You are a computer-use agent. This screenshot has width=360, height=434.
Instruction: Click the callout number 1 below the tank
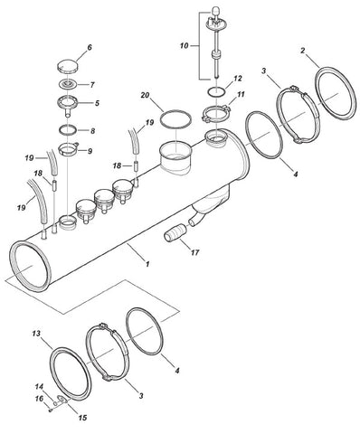pyautogui.click(x=147, y=264)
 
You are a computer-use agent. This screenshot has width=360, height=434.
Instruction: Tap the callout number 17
pyautogui.click(x=195, y=252)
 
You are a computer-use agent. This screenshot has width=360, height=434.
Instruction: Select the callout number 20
pyautogui.click(x=145, y=95)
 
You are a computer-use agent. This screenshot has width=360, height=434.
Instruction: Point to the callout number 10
pyautogui.click(x=184, y=46)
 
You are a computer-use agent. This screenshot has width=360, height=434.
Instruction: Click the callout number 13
pyautogui.click(x=36, y=334)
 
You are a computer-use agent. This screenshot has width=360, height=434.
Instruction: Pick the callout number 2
pyautogui.click(x=303, y=51)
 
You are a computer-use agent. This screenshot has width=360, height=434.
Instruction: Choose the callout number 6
pyautogui.click(x=90, y=48)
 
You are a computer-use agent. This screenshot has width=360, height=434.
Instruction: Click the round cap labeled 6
pyautogui.click(x=67, y=66)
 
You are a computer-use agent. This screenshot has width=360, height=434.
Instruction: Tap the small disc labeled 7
pyautogui.click(x=67, y=84)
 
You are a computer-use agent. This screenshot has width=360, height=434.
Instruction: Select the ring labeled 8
pyautogui.click(x=68, y=130)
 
